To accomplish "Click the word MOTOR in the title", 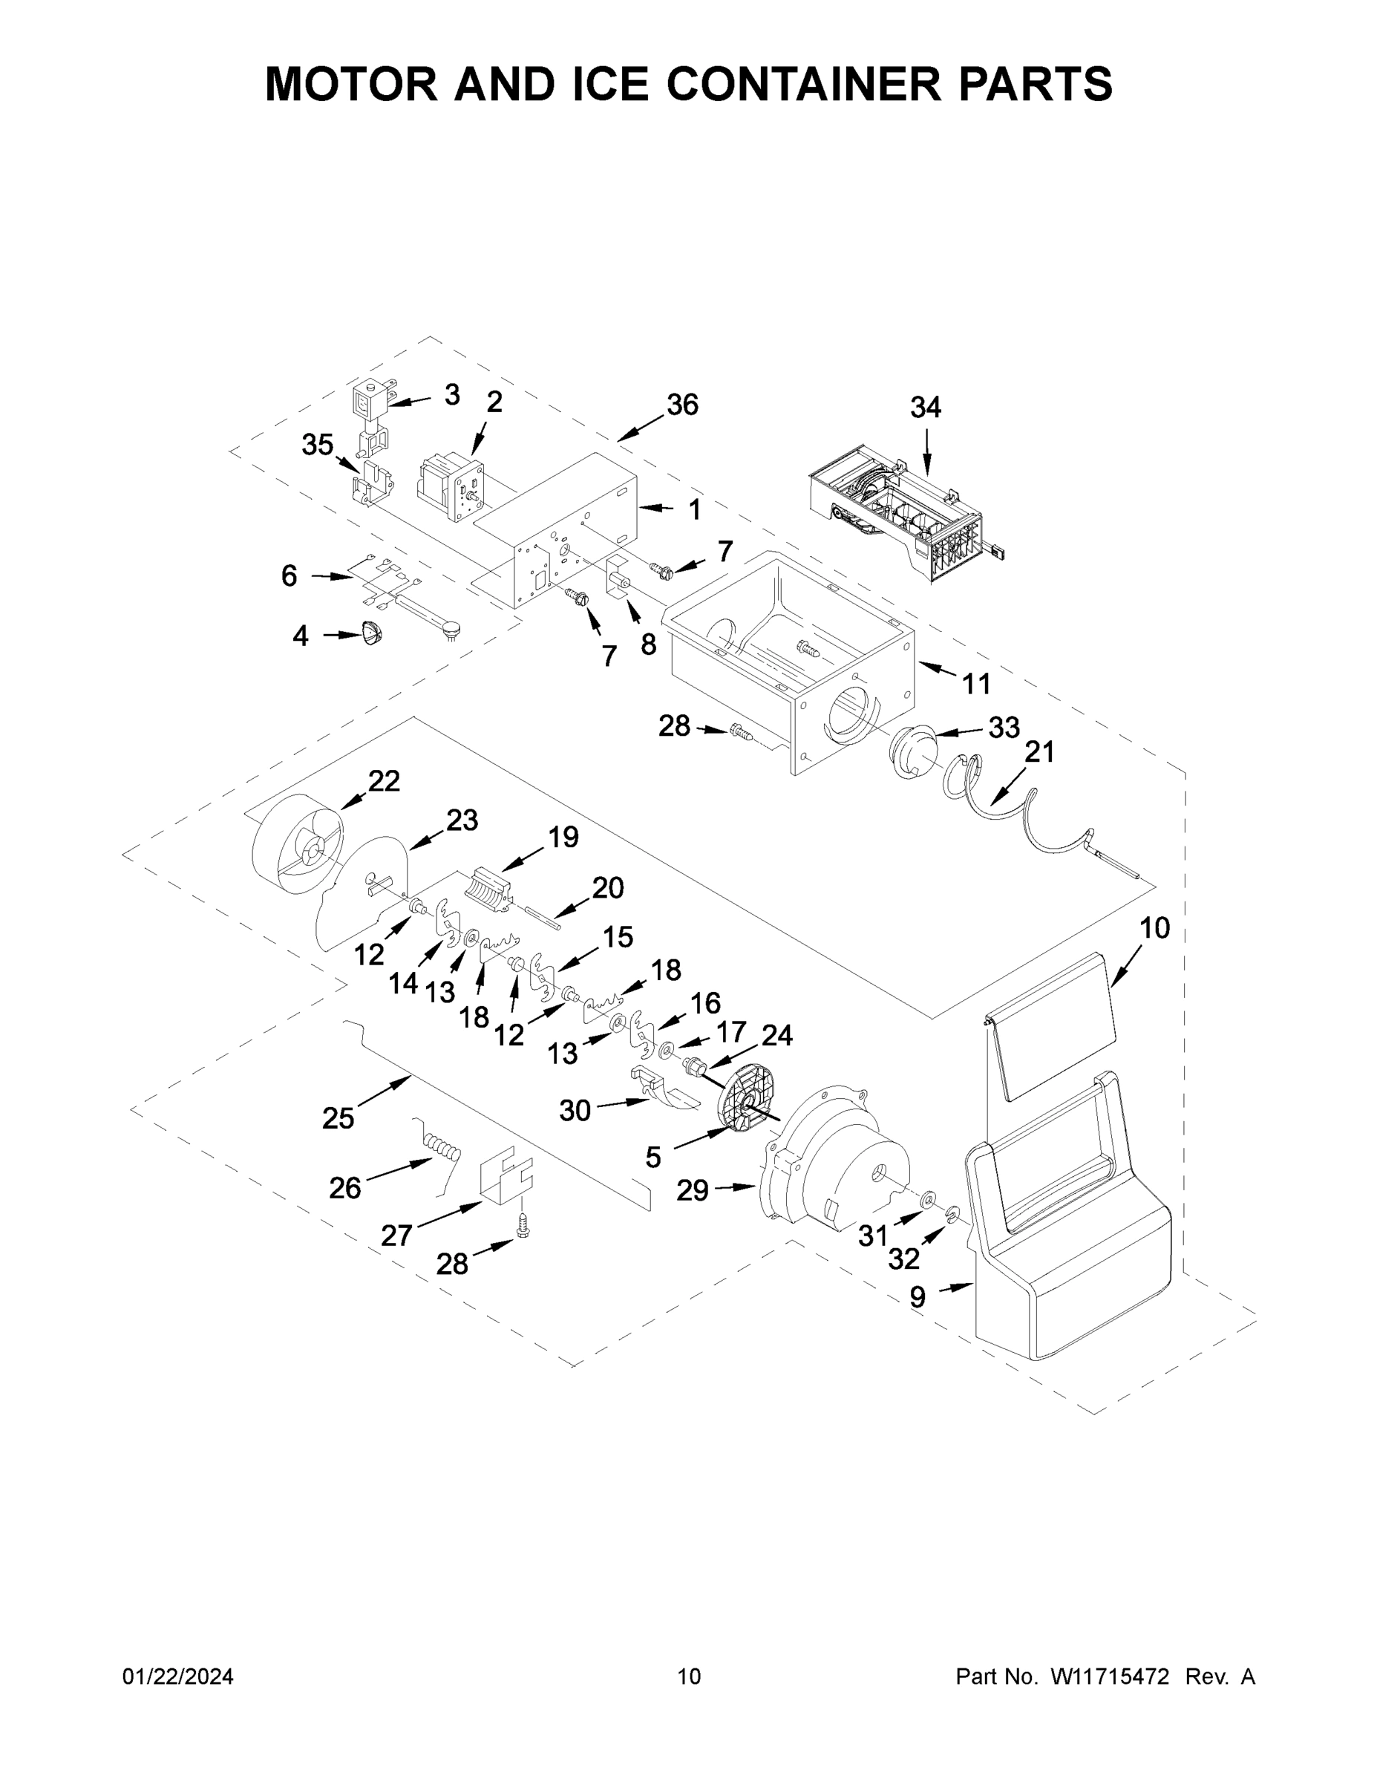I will [x=351, y=84].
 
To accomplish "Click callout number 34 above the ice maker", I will [x=925, y=407].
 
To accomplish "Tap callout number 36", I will [x=682, y=405].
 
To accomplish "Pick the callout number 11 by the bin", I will [x=976, y=684].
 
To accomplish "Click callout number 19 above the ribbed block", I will [x=563, y=837].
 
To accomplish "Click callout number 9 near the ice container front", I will [x=918, y=1297].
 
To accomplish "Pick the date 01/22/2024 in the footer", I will [x=178, y=1677].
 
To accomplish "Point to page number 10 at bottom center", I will [x=690, y=1677].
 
